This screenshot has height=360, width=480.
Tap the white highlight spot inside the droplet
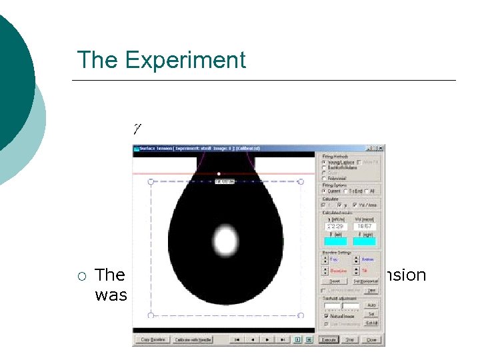click(x=225, y=239)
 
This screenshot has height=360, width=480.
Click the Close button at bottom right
click(x=371, y=339)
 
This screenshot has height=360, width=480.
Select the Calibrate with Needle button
click(x=193, y=339)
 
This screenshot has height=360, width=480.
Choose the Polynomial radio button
click(x=324, y=179)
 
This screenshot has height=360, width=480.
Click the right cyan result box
click(x=364, y=241)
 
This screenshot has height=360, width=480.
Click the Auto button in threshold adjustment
click(x=371, y=305)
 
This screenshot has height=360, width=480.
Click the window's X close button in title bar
click(x=381, y=148)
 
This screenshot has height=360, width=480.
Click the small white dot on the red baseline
click(x=219, y=173)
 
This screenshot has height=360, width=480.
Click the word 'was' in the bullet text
click(x=111, y=295)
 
